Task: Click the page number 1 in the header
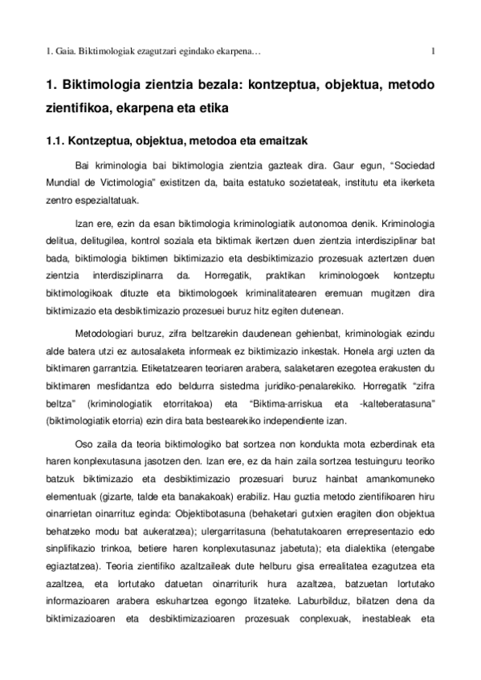coord(433,54)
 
